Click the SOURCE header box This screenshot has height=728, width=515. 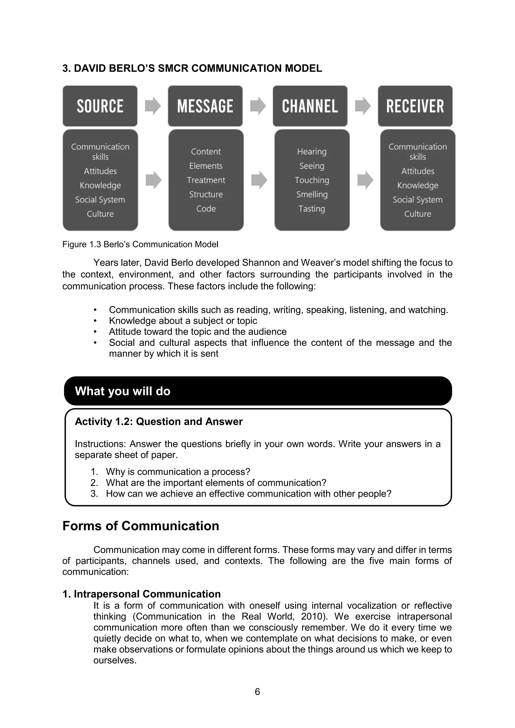point(100,106)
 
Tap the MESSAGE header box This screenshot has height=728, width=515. point(205,106)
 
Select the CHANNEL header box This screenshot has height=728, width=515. point(310,106)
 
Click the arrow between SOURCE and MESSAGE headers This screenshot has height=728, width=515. point(153,106)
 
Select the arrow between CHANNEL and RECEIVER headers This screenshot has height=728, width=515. point(363,106)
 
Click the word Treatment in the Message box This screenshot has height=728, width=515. point(206,180)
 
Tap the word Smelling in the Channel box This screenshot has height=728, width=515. point(312,194)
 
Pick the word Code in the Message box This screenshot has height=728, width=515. point(206,209)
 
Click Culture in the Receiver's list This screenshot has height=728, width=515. point(417,214)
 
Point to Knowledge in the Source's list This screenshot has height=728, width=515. point(100,185)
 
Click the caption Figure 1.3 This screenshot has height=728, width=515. point(140,244)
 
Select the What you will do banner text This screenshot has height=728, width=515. point(122,391)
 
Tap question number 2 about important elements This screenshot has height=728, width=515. point(216,483)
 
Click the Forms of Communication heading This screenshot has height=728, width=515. point(141,526)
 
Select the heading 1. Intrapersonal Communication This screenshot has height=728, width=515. point(141,594)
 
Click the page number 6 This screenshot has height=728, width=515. point(257,692)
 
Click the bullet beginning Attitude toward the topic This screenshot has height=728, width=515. point(198,332)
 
